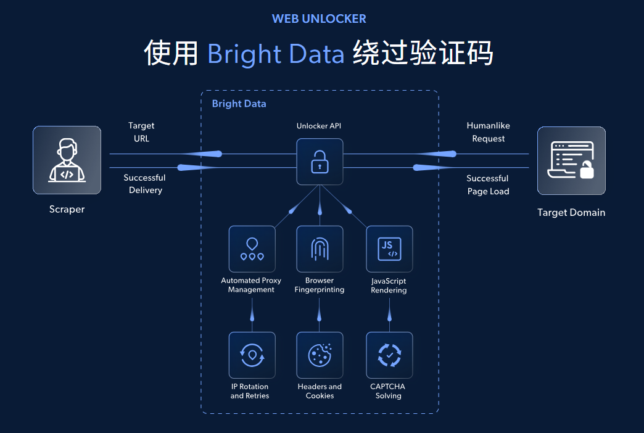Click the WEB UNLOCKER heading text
319,19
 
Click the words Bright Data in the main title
276,54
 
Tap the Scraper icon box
67,160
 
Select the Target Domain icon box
571,161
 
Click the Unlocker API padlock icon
320,162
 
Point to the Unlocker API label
319,126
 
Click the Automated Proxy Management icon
252,249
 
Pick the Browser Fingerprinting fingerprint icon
320,249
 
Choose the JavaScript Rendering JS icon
389,249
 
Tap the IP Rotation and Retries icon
252,355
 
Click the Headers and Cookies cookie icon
320,355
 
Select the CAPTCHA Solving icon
389,355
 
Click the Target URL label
141,132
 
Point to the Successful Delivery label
144,184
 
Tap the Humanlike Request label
488,132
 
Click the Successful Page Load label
487,184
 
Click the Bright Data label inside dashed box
239,104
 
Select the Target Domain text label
571,213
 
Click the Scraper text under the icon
67,209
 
